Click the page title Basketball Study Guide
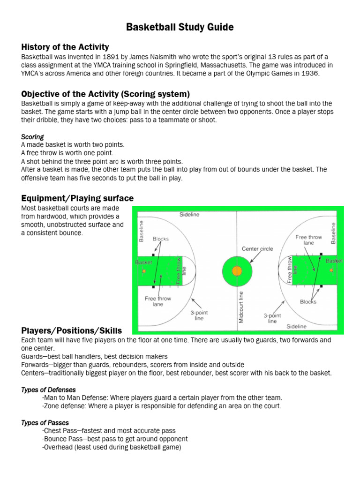[x=180, y=28]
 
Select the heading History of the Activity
[x=65, y=47]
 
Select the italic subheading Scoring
[x=32, y=137]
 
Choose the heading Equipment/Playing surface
[x=77, y=198]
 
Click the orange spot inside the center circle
[x=237, y=270]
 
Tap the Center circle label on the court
[x=257, y=248]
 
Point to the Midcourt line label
[x=241, y=307]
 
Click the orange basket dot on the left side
[x=144, y=271]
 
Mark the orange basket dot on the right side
[x=331, y=270]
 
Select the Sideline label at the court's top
[x=189, y=215]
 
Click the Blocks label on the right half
[x=308, y=302]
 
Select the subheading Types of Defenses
[x=49, y=390]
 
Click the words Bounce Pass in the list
[x=63, y=439]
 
